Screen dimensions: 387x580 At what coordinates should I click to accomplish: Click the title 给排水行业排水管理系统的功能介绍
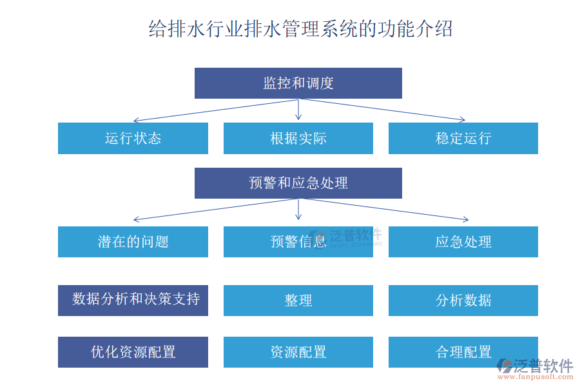(x=300, y=29)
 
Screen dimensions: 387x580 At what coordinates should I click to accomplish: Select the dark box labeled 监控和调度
(x=298, y=83)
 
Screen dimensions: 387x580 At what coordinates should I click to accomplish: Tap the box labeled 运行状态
(x=133, y=138)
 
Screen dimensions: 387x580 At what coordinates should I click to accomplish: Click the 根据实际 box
(x=298, y=138)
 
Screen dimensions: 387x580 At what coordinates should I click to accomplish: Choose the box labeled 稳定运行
(x=463, y=138)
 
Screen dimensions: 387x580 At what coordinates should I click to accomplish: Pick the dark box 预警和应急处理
(x=298, y=183)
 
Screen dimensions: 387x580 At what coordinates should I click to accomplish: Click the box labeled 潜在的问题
(x=133, y=242)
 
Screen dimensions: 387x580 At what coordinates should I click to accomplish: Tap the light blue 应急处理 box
(x=463, y=242)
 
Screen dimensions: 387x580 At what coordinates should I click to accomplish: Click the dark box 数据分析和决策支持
(x=133, y=300)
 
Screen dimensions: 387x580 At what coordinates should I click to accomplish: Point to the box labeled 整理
(x=298, y=300)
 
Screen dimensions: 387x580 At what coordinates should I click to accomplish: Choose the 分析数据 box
(x=463, y=300)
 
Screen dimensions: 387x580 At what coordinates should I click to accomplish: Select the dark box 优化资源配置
(x=133, y=352)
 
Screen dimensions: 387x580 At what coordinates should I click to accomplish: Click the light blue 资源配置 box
(x=298, y=352)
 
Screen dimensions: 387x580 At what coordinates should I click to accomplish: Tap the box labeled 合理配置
(x=463, y=352)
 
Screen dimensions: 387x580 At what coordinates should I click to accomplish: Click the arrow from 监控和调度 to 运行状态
(x=213, y=111)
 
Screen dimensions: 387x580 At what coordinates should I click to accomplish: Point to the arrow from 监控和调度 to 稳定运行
(x=387, y=110)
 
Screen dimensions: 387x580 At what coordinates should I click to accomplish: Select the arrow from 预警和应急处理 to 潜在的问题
(x=213, y=210)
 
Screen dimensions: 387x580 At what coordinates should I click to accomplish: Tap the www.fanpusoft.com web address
(x=541, y=377)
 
